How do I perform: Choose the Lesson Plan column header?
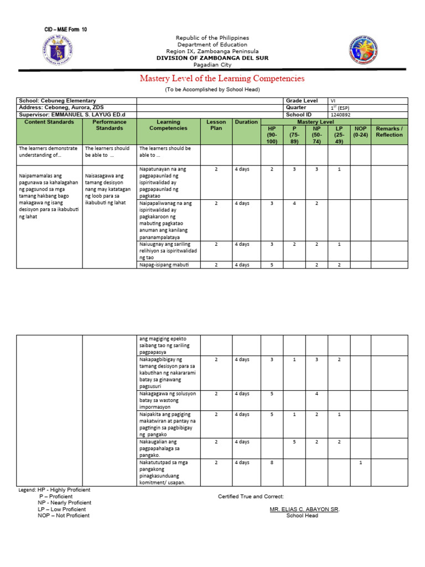216,125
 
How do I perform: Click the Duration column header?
246,122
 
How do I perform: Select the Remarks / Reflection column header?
389,132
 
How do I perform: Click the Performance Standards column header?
110,125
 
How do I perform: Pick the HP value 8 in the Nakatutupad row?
272,462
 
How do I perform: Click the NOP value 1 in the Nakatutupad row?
360,462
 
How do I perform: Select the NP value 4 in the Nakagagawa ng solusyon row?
317,394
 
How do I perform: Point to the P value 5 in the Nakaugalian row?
294,441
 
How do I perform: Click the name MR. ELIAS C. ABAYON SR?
304,509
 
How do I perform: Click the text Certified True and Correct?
251,496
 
